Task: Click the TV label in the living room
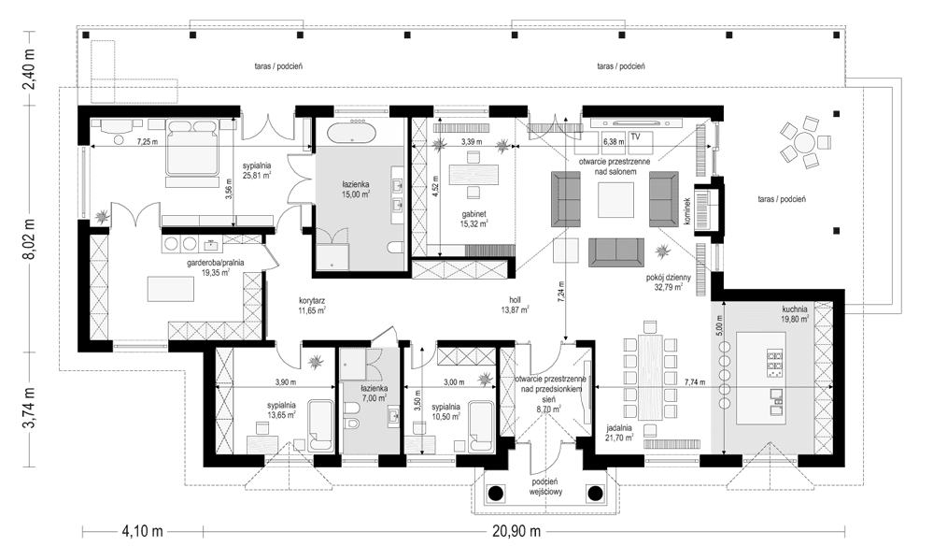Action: pyautogui.click(x=635, y=136)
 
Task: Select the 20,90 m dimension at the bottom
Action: pyautogui.click(x=516, y=531)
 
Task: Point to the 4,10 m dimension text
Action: pyautogui.click(x=142, y=531)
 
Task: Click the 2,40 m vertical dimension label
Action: pyautogui.click(x=29, y=68)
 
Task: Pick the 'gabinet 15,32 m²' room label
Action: pyautogui.click(x=474, y=220)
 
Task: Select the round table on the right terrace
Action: pyautogui.click(x=804, y=143)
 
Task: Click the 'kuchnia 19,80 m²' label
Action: pyautogui.click(x=795, y=314)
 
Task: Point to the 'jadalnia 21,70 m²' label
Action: pyautogui.click(x=619, y=433)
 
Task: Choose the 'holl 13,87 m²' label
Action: pyautogui.click(x=516, y=305)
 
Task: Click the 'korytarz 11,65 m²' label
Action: pyautogui.click(x=312, y=306)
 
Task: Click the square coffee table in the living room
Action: pyautogui.click(x=615, y=199)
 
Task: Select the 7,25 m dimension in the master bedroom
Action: pyautogui.click(x=148, y=142)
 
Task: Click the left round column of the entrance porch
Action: pyautogui.click(x=495, y=492)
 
